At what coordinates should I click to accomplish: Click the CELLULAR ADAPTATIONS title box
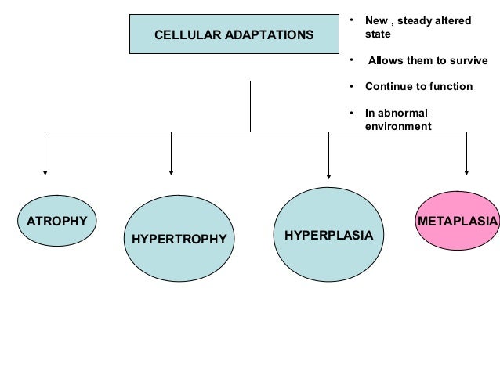[x=234, y=35]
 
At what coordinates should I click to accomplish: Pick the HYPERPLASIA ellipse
[x=328, y=234]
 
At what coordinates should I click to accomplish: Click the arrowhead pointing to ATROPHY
[x=45, y=171]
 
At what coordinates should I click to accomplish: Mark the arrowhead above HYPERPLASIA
[x=328, y=177]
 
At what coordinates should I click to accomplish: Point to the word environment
[x=398, y=125]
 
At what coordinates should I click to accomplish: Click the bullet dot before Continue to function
[x=353, y=86]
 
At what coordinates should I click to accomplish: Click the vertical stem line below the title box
[x=250, y=106]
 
